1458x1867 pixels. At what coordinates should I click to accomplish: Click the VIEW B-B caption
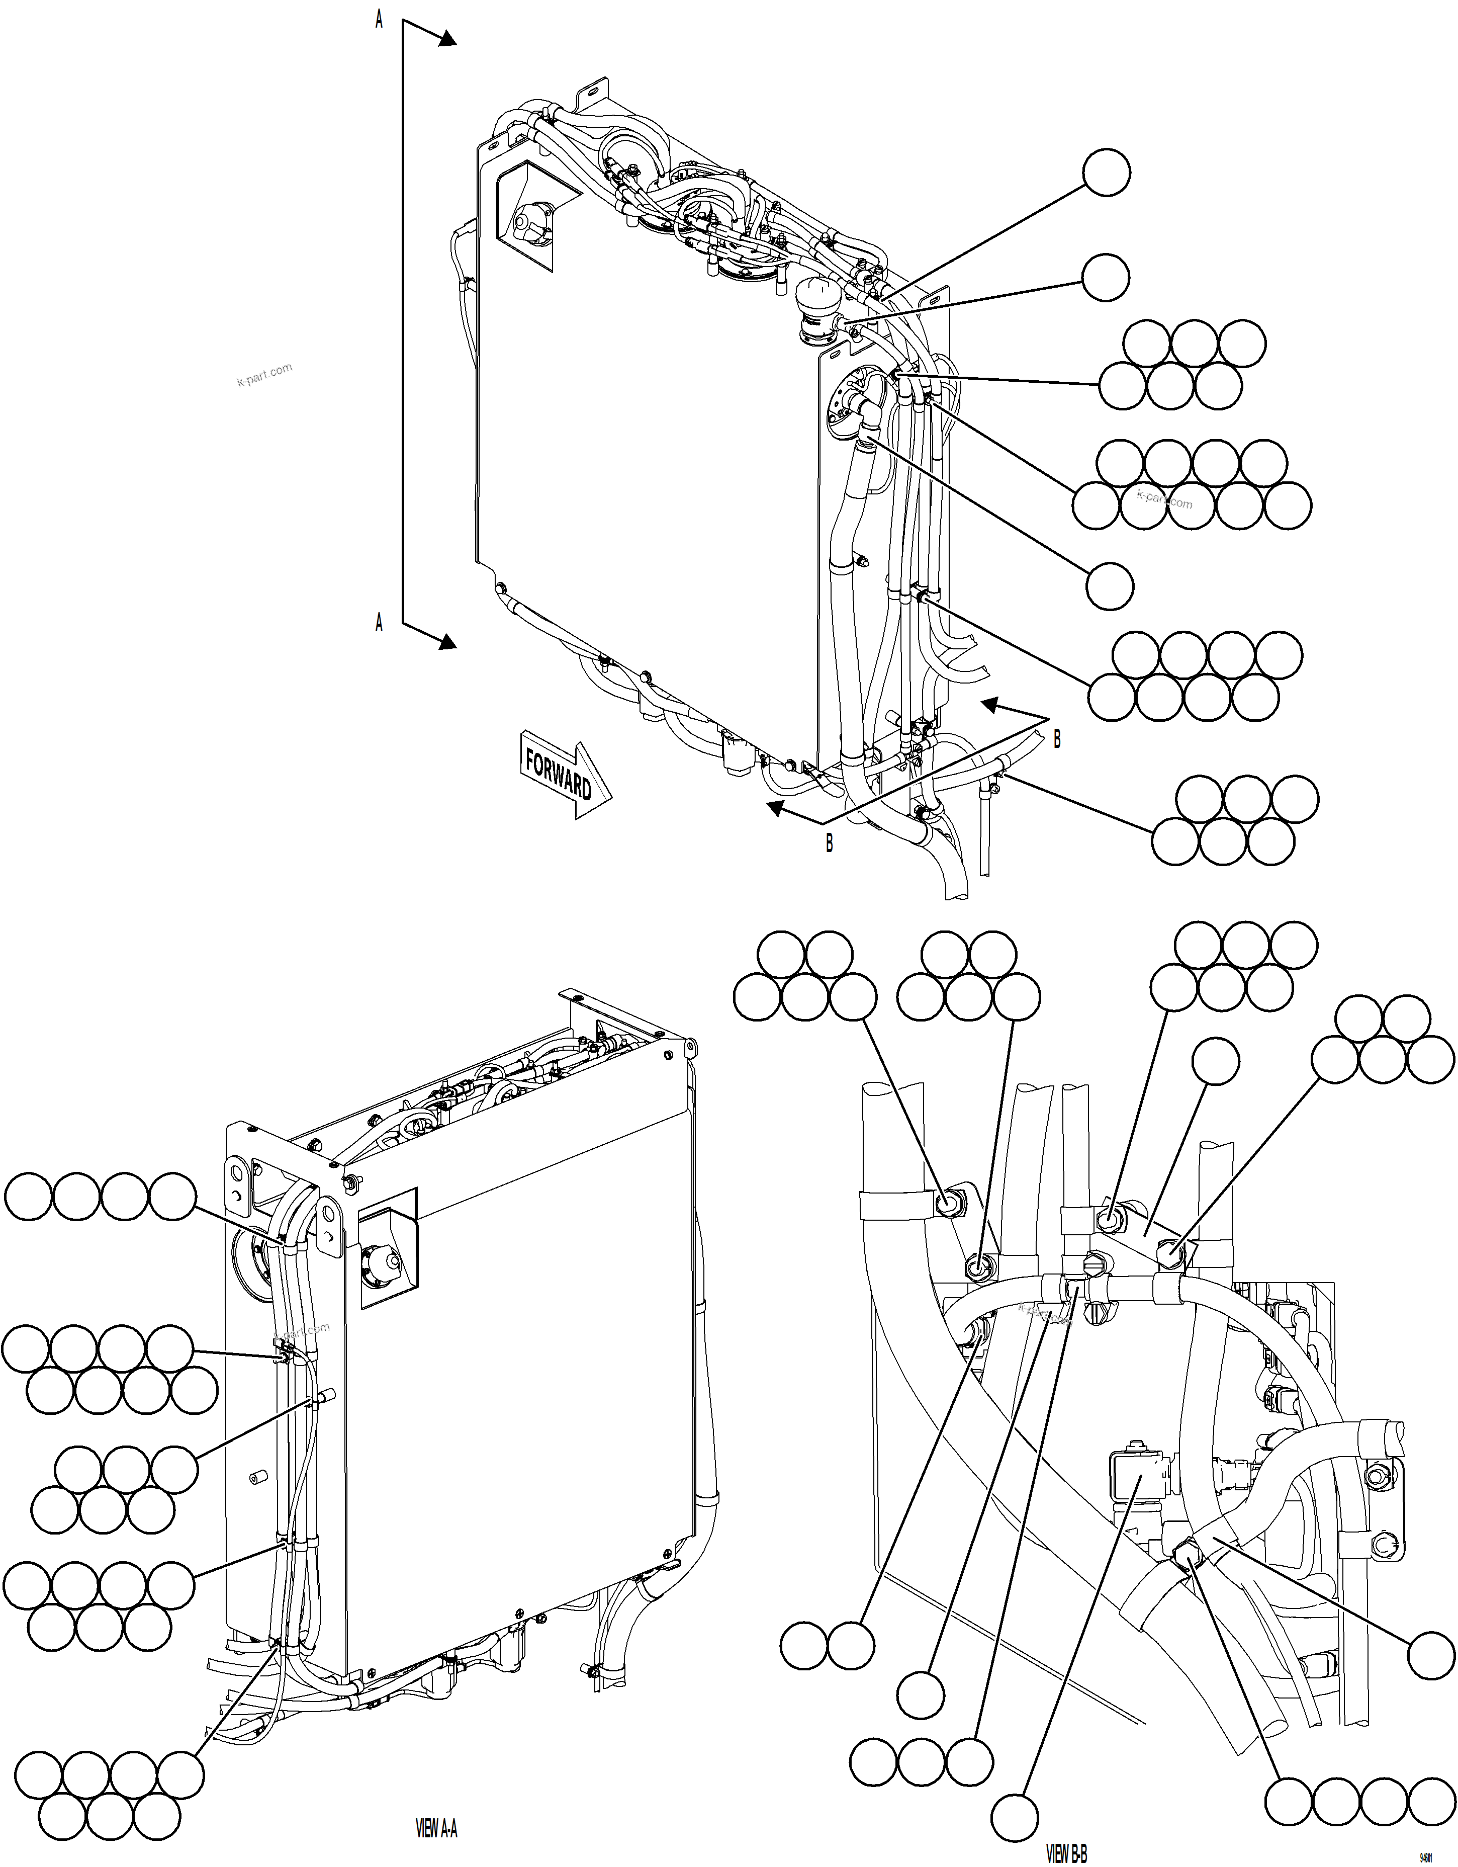click(x=1066, y=1854)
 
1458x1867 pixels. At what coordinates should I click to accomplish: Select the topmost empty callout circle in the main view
click(x=1106, y=173)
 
